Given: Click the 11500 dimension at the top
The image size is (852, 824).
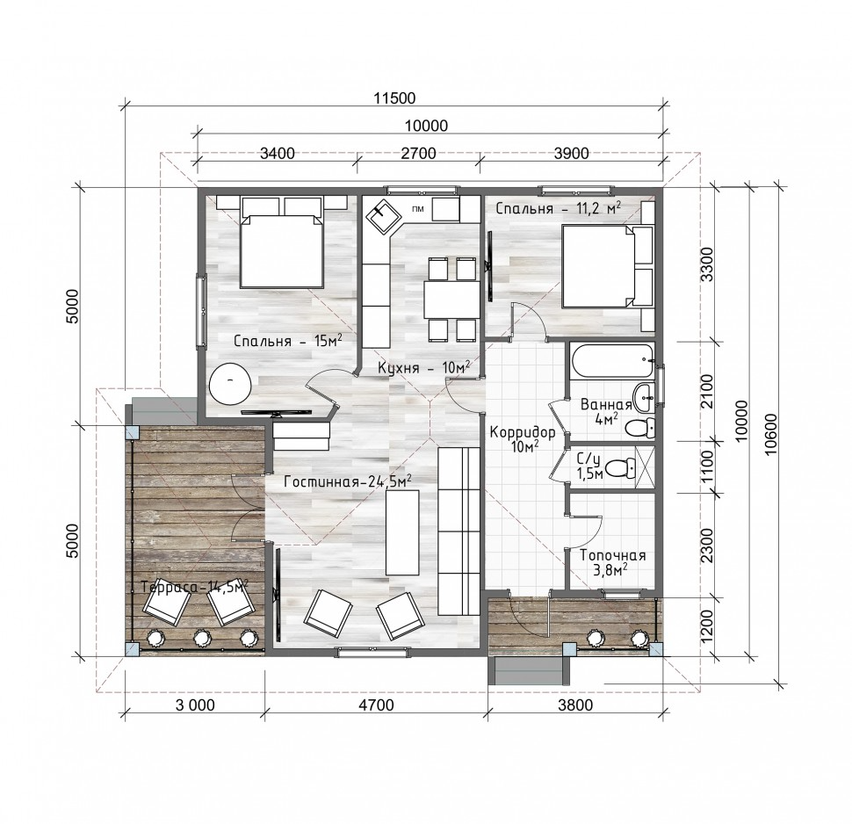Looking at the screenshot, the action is pyautogui.click(x=394, y=98).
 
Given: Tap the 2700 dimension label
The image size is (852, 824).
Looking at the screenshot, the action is pyautogui.click(x=418, y=154).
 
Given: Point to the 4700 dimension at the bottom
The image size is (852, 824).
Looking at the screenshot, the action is pyautogui.click(x=376, y=705).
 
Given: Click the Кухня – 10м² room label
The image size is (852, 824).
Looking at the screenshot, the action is pyautogui.click(x=424, y=367).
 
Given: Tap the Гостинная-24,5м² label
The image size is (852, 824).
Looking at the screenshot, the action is pyautogui.click(x=348, y=481).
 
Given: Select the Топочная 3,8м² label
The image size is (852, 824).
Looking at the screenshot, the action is pyautogui.click(x=612, y=562).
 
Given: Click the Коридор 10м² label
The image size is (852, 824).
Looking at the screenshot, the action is pyautogui.click(x=523, y=438).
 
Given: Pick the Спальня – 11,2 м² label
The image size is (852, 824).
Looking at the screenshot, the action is pyautogui.click(x=559, y=208).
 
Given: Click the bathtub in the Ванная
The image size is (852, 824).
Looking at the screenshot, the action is pyautogui.click(x=613, y=360).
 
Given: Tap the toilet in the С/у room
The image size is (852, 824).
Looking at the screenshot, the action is pyautogui.click(x=620, y=466).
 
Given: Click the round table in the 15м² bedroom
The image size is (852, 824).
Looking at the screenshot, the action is pyautogui.click(x=230, y=383).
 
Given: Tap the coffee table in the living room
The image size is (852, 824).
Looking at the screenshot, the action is pyautogui.click(x=402, y=532).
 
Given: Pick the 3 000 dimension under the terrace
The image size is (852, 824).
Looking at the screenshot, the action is pyautogui.click(x=195, y=705).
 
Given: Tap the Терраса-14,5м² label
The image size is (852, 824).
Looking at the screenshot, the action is pyautogui.click(x=194, y=587).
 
